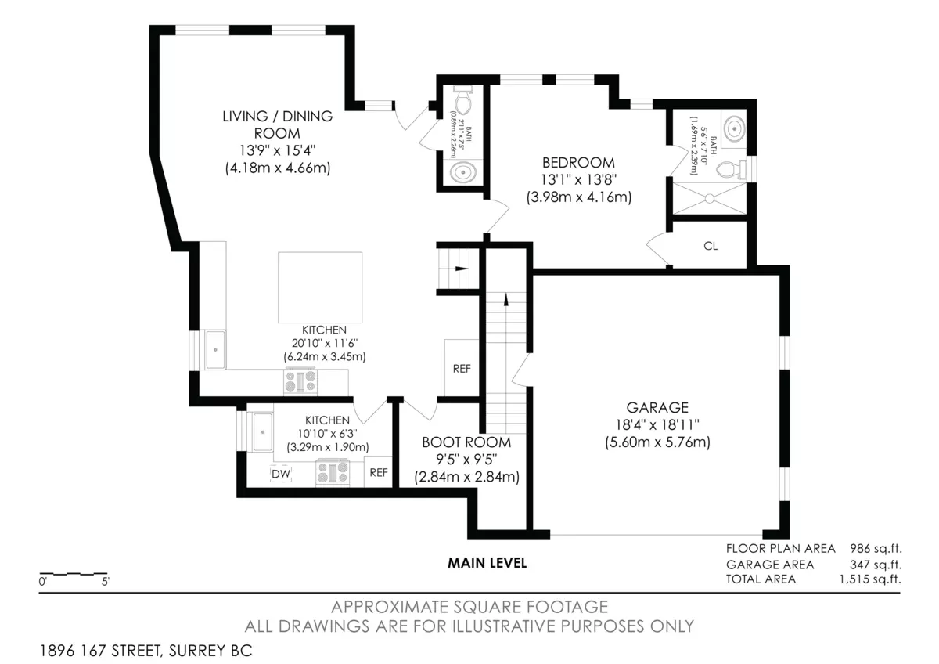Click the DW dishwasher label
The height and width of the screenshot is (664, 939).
click(281, 474)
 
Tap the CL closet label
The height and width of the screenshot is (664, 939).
click(711, 246)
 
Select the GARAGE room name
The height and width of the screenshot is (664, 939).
click(657, 407)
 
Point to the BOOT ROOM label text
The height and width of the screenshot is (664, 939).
click(466, 442)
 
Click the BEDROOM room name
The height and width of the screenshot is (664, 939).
click(578, 162)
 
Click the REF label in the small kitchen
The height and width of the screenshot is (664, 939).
click(379, 473)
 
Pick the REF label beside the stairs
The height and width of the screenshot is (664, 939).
click(462, 369)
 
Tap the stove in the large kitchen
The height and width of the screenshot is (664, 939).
click(300, 381)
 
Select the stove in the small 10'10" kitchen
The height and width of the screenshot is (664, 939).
click(333, 472)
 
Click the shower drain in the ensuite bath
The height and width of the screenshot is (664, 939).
click(709, 198)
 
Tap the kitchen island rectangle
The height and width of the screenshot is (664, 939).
click(320, 287)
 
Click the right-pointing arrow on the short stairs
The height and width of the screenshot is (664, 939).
click(462, 269)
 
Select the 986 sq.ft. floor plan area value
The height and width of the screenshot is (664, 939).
click(876, 548)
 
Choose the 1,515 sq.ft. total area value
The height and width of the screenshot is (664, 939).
click(870, 579)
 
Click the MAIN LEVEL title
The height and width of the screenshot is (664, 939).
click(487, 563)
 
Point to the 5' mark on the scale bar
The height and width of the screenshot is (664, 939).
click(105, 581)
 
